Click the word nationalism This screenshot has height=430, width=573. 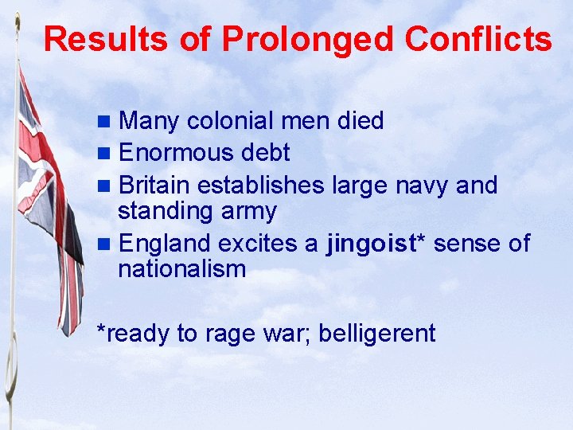[x=182, y=269]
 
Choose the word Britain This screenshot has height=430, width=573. [x=154, y=186]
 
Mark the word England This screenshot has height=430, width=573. [x=164, y=244]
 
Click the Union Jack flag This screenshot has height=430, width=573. [x=48, y=199]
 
